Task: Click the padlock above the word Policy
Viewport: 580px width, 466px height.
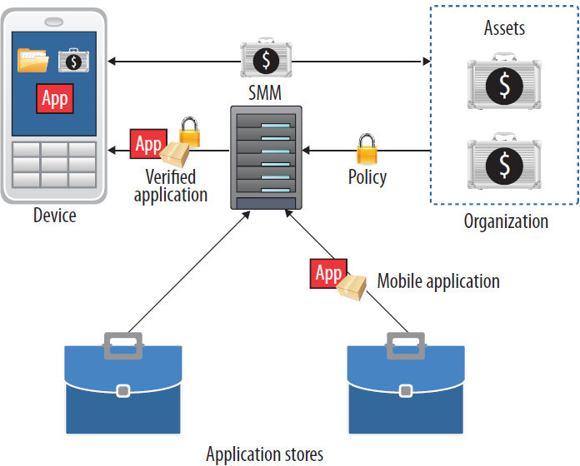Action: (x=367, y=148)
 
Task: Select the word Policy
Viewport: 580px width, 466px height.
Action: (x=367, y=178)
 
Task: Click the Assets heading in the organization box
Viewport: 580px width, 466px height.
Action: (x=505, y=29)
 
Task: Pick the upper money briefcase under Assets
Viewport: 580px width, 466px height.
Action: (x=504, y=84)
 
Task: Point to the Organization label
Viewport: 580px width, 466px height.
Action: (x=506, y=221)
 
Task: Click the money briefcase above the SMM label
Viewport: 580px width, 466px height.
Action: (x=266, y=59)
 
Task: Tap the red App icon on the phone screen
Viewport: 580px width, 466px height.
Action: (x=55, y=98)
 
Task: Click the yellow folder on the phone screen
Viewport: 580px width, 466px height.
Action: (x=33, y=61)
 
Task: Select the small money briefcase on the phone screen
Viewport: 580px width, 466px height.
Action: (x=74, y=60)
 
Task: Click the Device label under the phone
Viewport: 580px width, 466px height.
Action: (x=54, y=216)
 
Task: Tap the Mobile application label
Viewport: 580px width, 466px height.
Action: (x=438, y=280)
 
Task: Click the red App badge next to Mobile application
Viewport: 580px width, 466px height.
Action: (x=328, y=273)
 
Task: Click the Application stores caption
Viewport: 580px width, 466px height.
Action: (x=264, y=454)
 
